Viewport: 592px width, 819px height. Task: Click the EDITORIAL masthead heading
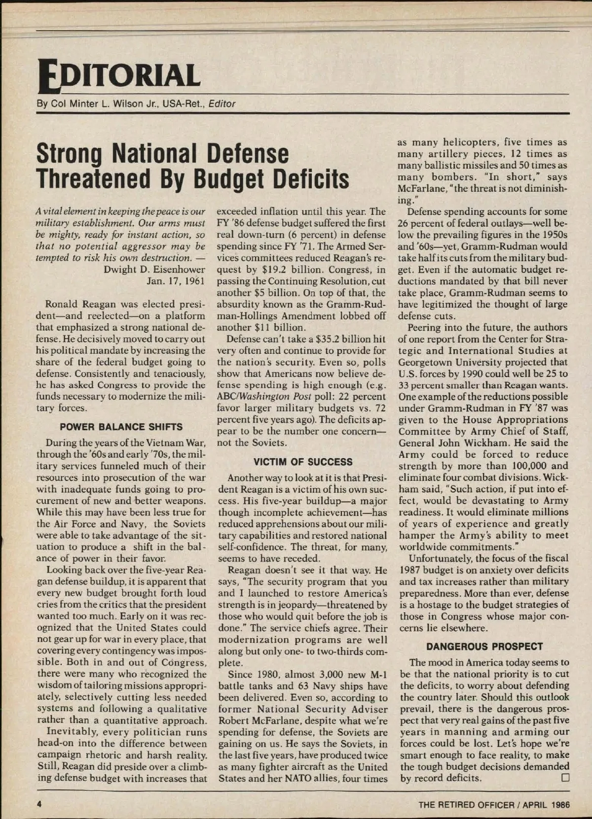119,77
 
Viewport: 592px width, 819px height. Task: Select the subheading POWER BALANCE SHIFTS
121,427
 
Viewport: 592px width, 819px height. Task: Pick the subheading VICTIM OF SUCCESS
303,462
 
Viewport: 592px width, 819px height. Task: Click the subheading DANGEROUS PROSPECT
484,647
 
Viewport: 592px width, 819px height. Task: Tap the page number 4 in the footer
39,804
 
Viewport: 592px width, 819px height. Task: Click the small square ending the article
565,778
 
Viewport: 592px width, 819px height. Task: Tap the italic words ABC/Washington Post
260,397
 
